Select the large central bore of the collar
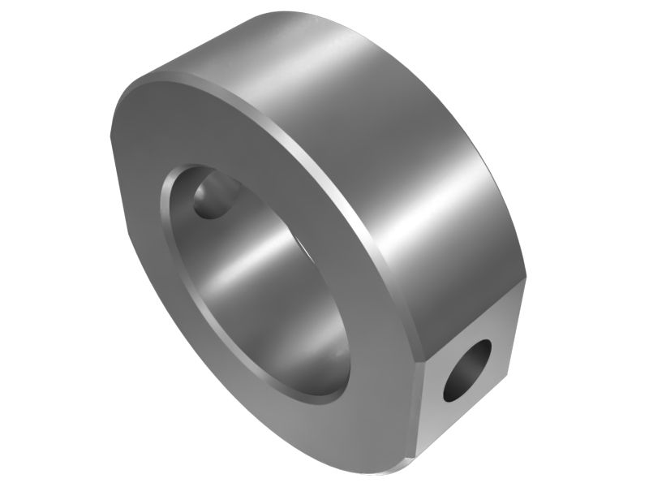[x=260, y=284]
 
